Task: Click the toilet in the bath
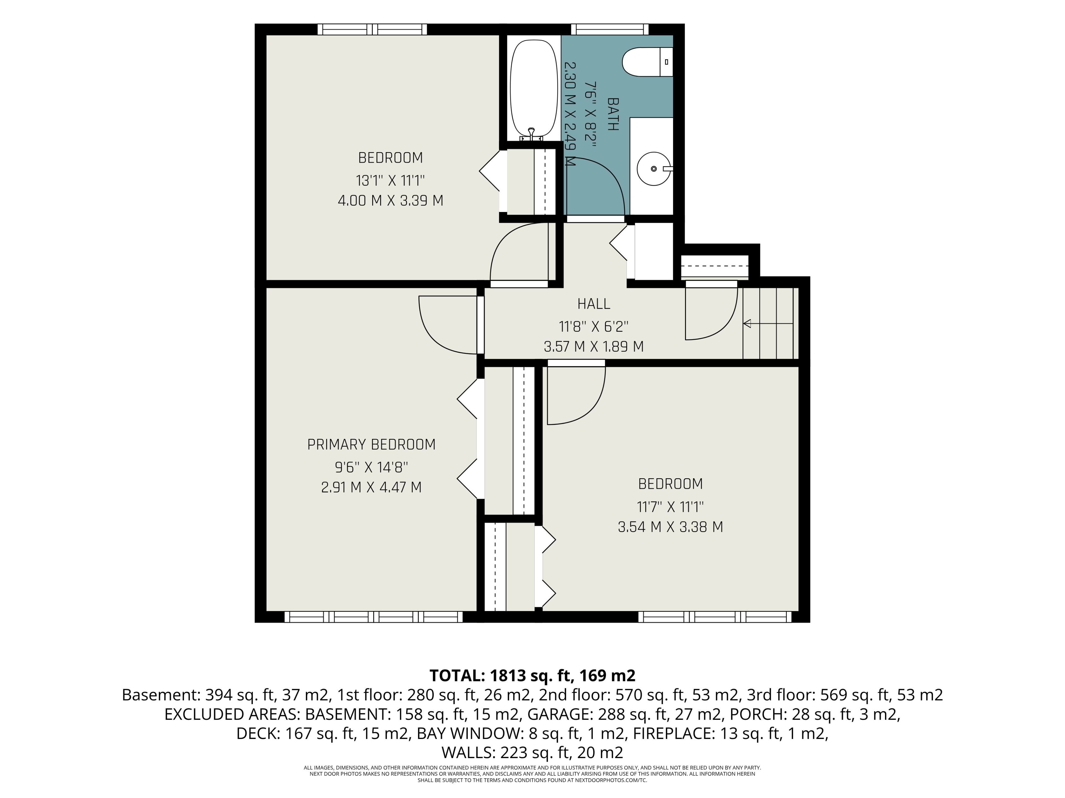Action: pos(648,62)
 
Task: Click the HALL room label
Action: pos(594,304)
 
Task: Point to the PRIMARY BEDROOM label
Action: pos(371,444)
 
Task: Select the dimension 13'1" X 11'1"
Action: pos(390,181)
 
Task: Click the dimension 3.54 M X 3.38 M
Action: pos(670,527)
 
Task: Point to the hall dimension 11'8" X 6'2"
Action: pos(594,327)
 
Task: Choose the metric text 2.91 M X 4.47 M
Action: pos(371,487)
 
